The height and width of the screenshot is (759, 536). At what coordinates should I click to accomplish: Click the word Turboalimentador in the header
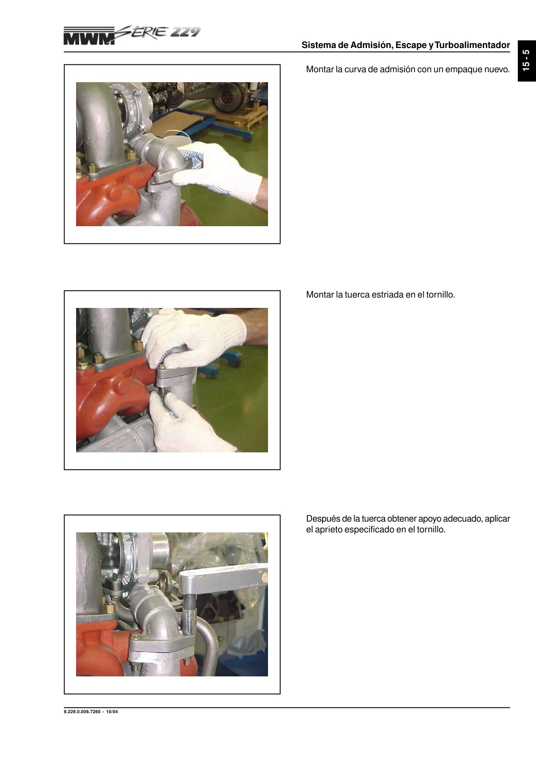tap(472, 45)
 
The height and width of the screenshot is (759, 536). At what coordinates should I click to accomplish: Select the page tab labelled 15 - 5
tap(526, 60)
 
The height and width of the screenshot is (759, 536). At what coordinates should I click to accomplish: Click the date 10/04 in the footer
tap(112, 712)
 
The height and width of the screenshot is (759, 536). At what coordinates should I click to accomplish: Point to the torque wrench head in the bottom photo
tap(220, 582)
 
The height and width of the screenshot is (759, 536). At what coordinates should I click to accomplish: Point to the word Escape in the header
tap(411, 45)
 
